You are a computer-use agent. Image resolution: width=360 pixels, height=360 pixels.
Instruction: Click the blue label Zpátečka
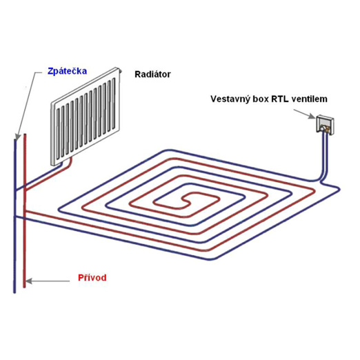pos(67,71)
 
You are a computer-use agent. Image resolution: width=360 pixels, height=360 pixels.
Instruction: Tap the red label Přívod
pos(92,278)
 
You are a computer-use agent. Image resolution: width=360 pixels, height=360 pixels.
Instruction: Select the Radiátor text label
pos(152,74)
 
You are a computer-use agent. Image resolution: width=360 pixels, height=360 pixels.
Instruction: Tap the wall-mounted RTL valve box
pos(325,125)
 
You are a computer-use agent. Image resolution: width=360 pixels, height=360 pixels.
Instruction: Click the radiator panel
pos(86,117)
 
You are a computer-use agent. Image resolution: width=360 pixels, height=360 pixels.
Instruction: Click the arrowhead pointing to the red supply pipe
pos(28,281)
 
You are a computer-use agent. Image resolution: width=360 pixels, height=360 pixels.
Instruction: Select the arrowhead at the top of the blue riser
pos(17,137)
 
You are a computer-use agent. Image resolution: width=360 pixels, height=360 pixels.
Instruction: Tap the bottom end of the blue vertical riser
pos(14,292)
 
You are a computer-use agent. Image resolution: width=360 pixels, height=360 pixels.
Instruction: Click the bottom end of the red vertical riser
pos(24,287)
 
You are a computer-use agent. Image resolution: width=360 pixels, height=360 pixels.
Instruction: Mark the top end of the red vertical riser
pos(25,134)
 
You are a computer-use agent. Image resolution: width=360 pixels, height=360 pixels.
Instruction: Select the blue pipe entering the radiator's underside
pos(61,165)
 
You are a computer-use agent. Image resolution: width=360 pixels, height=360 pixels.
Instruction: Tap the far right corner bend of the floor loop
pos(338,189)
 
